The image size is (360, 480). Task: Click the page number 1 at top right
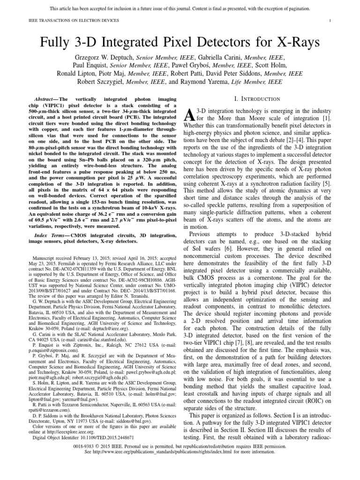[x=330, y=20]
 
